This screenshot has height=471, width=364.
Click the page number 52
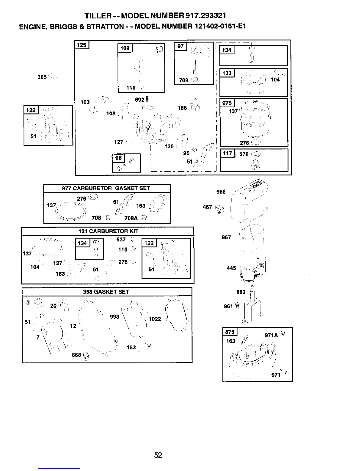[158, 455]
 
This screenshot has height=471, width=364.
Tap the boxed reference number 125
[81, 45]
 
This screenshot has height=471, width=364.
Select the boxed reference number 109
[125, 48]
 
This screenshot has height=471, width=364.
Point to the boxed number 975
[227, 103]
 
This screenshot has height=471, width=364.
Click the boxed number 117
[227, 153]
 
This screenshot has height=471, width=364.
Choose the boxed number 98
[119, 158]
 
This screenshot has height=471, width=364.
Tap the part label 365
[42, 77]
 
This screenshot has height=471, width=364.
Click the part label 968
[221, 192]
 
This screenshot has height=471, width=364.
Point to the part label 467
[207, 207]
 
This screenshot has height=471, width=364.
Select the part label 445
[231, 268]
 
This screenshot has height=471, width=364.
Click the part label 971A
[271, 335]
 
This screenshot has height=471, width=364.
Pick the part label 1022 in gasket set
[155, 319]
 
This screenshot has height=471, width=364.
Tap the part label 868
[76, 355]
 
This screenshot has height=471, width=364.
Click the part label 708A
[131, 218]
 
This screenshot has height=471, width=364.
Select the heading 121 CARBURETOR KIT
[108, 231]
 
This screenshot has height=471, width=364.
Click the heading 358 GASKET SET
[106, 292]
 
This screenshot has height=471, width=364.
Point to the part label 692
[139, 100]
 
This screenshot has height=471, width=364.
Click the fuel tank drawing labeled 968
[253, 202]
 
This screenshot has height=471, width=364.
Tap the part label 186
[182, 108]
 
